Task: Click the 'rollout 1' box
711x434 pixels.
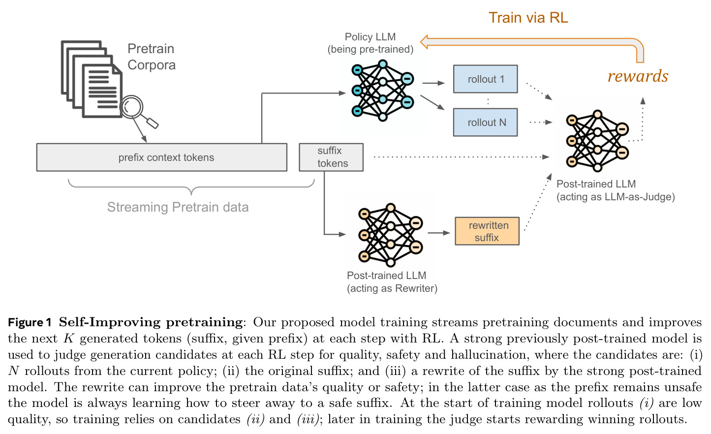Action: pos(485,79)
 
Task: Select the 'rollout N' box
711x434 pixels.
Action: pos(485,122)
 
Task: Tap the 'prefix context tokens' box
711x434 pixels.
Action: pos(162,157)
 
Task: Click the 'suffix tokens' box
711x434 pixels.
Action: pos(331,157)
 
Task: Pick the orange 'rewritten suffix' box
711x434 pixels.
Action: pos(487,231)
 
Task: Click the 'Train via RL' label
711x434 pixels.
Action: pos(528,17)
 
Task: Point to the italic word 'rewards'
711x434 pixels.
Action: pos(638,76)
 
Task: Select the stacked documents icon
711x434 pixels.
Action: pos(92,79)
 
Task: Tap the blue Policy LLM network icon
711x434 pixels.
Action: pos(382,91)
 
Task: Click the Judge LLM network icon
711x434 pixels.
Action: pos(597,141)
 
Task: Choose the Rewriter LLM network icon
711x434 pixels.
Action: pos(390,235)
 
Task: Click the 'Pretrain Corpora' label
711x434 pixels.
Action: pos(152,57)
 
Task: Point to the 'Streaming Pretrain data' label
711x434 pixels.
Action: pos(178,207)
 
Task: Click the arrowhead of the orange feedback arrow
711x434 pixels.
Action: pos(424,42)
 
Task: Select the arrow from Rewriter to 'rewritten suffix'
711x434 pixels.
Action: pos(439,233)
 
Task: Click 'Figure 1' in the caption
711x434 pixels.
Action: pos(30,322)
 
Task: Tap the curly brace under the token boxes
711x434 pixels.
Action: pos(191,187)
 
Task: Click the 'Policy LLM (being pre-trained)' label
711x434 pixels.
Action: pos(371,43)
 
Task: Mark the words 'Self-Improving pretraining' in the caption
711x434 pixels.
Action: pos(151,322)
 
